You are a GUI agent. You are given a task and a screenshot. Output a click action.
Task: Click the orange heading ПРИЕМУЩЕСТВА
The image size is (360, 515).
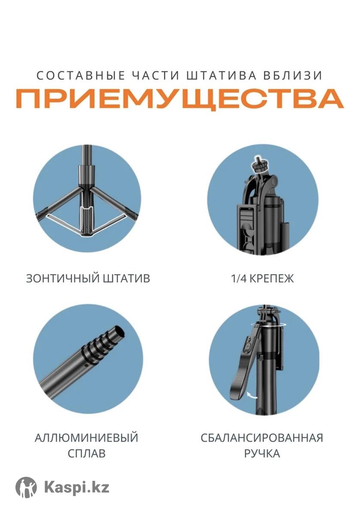[x=179, y=99]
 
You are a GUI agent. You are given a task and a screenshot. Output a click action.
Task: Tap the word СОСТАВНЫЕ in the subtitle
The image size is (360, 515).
[x=81, y=76]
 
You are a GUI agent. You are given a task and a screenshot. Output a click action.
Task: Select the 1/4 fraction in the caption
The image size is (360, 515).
[x=239, y=279]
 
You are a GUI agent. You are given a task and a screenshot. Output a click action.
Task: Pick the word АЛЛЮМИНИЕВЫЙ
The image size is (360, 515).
[x=86, y=437]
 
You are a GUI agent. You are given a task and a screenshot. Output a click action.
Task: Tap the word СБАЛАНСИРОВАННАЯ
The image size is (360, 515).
[x=262, y=438]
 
